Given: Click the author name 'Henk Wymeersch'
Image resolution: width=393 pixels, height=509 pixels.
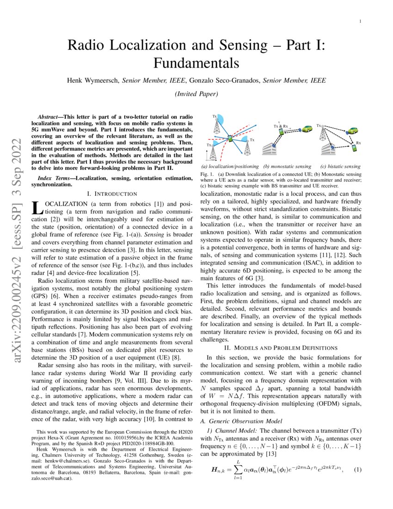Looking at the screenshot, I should (93, 81).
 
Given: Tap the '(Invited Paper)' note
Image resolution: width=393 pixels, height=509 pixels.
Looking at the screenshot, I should (196, 94).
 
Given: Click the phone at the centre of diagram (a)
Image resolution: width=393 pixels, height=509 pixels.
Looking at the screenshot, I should (230, 138).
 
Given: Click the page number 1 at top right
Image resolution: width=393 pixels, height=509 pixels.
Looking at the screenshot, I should (360, 21).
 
